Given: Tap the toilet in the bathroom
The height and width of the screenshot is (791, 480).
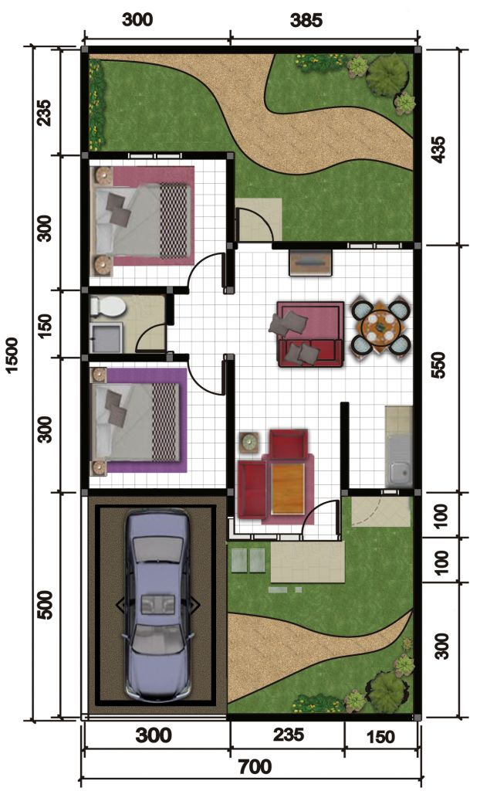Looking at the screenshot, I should (106, 307).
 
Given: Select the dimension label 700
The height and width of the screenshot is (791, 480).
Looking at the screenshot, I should (255, 767).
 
